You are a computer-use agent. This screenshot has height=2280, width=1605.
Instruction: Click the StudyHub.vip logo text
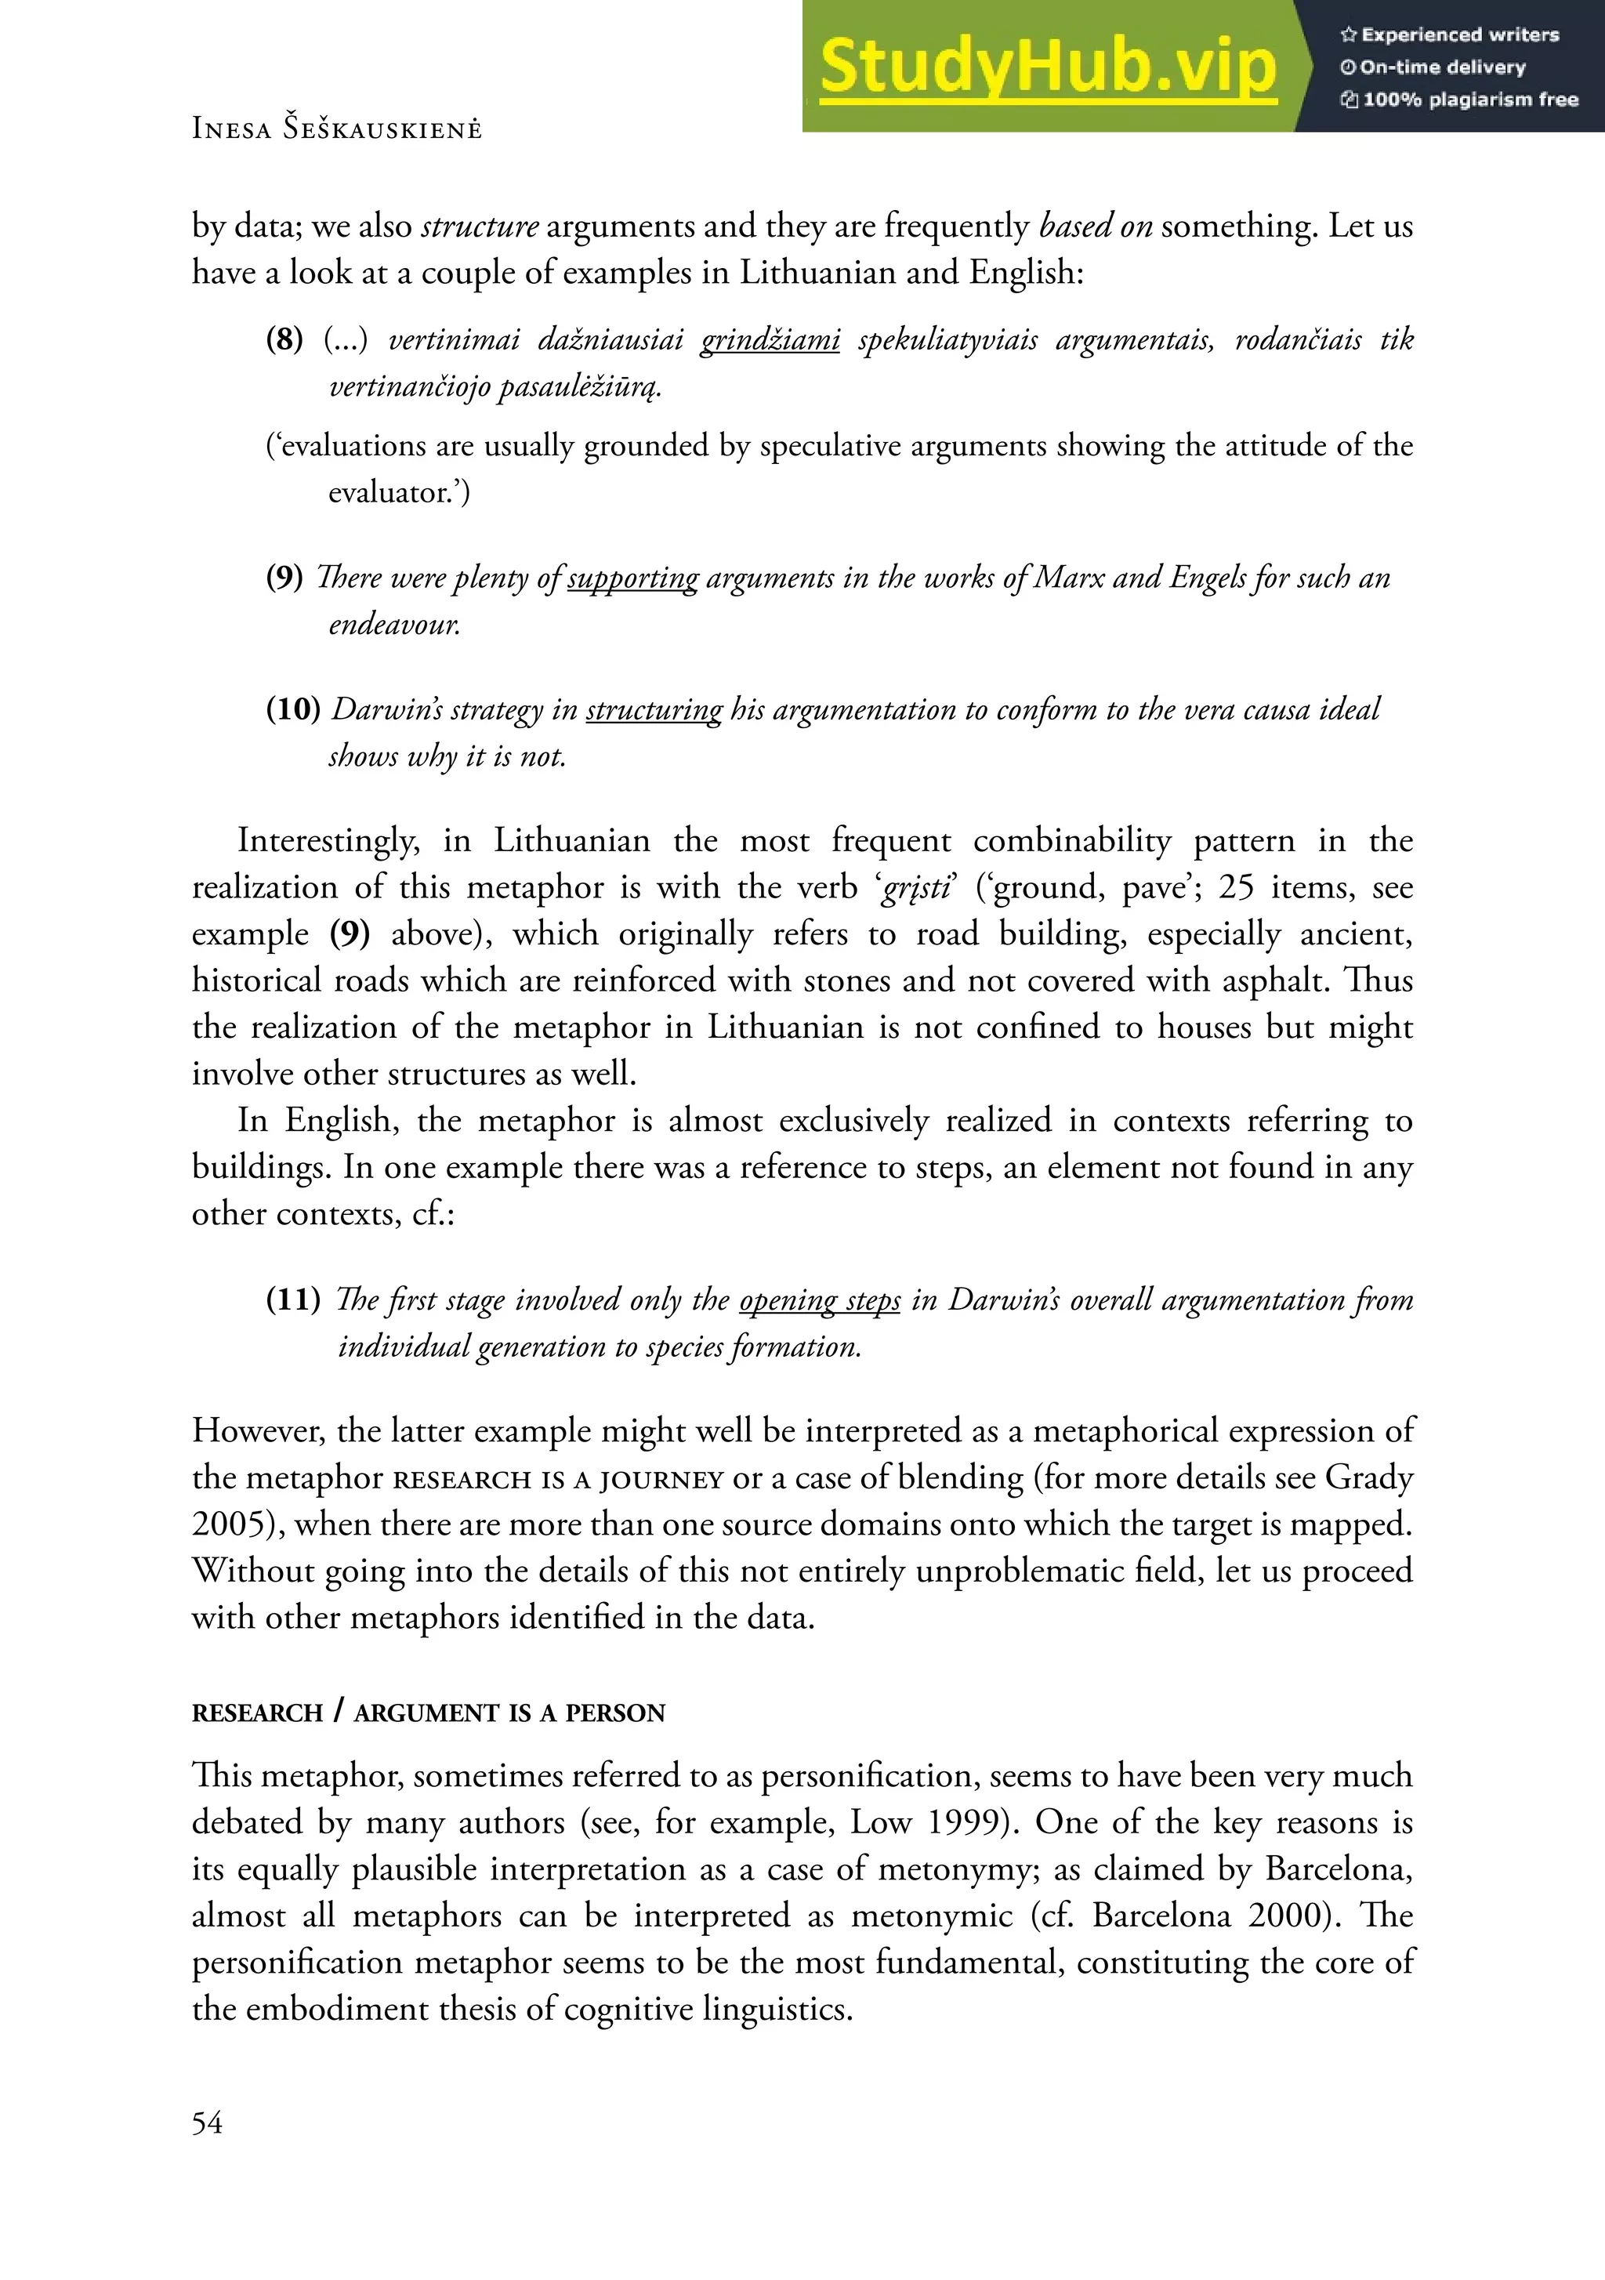coord(1048,67)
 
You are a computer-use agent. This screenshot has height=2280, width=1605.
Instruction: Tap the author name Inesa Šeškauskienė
coord(337,129)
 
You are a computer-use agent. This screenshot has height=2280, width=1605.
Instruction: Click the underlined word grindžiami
coord(770,339)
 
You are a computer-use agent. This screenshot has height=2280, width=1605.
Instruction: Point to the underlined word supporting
coord(632,578)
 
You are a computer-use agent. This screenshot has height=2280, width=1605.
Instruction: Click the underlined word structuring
coord(654,710)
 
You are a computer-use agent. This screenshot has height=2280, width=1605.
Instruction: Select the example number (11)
coord(293,1299)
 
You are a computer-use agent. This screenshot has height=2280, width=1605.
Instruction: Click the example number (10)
coord(293,710)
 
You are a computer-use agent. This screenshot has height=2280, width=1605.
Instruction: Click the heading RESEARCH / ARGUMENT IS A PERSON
coord(428,1713)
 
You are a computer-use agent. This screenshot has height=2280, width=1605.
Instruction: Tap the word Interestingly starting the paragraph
coord(328,842)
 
